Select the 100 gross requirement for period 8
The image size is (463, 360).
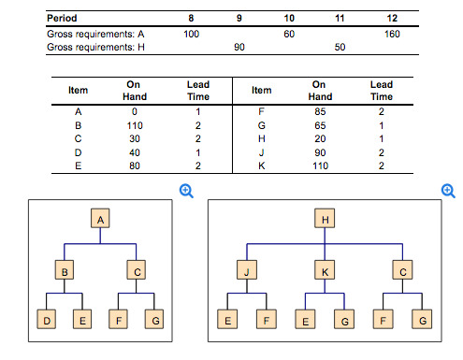tap(192, 33)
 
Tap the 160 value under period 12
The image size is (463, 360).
tap(392, 33)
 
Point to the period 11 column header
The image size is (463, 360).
tap(340, 17)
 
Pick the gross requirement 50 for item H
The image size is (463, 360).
tap(340, 46)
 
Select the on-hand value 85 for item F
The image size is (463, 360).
tap(320, 110)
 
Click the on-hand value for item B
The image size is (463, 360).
tap(134, 123)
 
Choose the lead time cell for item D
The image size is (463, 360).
tap(197, 151)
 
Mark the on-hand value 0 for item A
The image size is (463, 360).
tap(134, 110)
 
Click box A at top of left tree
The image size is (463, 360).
tap(100, 219)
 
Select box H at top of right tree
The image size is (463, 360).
tap(325, 219)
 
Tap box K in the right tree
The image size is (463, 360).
tap(325, 271)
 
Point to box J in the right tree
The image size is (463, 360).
tap(247, 271)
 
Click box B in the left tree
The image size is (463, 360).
tap(64, 271)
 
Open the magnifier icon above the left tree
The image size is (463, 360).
tap(187, 190)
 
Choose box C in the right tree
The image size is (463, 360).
tap(403, 271)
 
